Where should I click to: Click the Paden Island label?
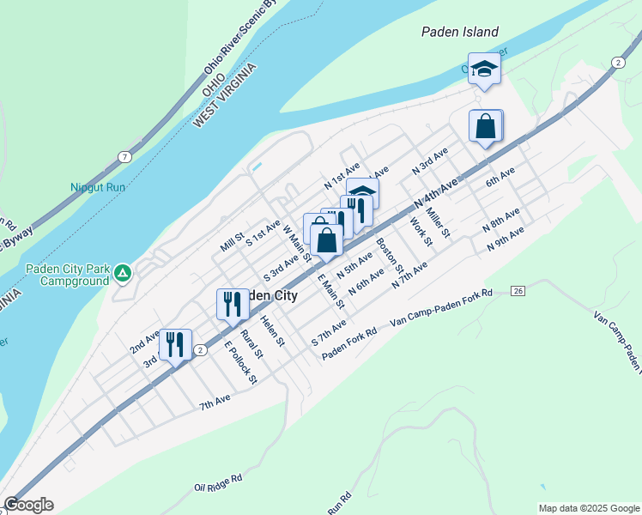tap(459, 32)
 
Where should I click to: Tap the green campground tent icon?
tap(123, 273)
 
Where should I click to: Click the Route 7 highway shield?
tap(125, 156)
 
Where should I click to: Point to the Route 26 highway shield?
tap(518, 291)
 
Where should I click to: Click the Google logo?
tap(28, 505)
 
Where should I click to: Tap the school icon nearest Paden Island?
tap(484, 70)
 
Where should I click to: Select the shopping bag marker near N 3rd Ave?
tap(486, 127)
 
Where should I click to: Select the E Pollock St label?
tap(240, 362)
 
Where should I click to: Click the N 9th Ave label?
tap(505, 239)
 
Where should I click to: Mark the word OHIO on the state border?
tap(214, 79)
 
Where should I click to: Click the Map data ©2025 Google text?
tap(588, 508)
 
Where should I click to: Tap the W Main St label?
tap(296, 245)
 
